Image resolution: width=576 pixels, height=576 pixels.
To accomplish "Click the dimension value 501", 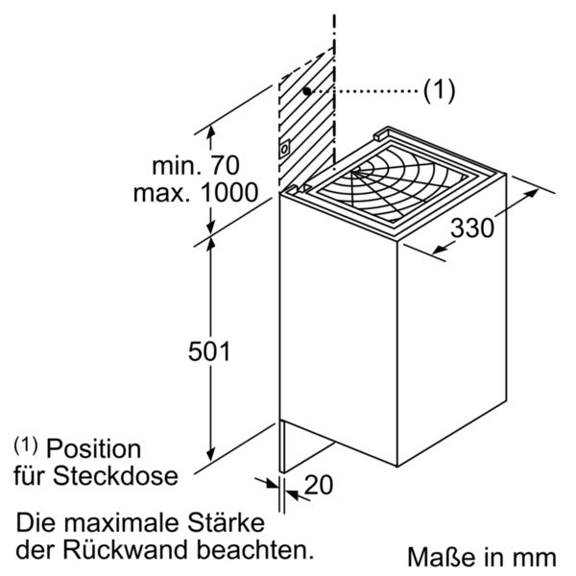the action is coord(209,351).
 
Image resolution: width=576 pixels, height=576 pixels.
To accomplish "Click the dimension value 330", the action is coord(472,228).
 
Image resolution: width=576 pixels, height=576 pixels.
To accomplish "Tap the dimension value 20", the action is coord(319,485).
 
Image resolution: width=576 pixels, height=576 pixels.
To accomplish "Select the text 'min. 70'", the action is coord(196,165).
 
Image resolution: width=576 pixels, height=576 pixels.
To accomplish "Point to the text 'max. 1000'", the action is coord(196,193).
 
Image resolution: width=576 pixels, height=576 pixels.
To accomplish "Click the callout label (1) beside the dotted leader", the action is coord(440,90).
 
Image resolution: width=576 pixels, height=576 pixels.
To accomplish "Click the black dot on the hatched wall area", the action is coord(307,91).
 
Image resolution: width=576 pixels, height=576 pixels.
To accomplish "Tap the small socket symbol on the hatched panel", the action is coord(284,149).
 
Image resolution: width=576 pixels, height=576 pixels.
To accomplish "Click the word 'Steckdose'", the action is coord(115,476).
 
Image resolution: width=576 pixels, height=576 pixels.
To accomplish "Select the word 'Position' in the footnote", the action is coord(93,448).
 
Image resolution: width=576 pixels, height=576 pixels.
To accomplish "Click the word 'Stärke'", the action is coord(227,522).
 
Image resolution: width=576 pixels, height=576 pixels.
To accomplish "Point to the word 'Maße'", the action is coord(442,557).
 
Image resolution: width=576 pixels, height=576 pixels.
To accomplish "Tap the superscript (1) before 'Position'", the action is coord(26,445).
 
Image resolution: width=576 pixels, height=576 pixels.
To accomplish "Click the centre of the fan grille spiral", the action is coord(355,173).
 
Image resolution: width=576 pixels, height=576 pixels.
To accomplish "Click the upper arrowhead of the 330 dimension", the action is coord(533,193).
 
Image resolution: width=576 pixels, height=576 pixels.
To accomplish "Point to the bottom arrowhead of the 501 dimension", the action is coord(210,454).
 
